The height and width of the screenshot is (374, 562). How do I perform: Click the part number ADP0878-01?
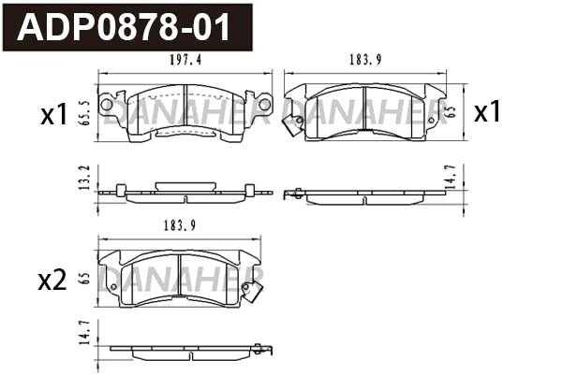[x=126, y=27]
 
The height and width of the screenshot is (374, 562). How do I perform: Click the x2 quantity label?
[x=52, y=280]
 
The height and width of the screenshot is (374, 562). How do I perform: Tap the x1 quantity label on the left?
[x=53, y=115]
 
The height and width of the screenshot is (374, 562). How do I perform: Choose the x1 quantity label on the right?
[x=487, y=113]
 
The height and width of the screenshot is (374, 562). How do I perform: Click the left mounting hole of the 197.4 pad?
[x=107, y=103]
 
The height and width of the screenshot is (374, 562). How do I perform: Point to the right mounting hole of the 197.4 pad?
[x=263, y=103]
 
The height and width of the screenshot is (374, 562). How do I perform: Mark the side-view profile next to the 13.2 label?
[x=185, y=193]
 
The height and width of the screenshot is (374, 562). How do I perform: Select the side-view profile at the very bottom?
[x=185, y=351]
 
